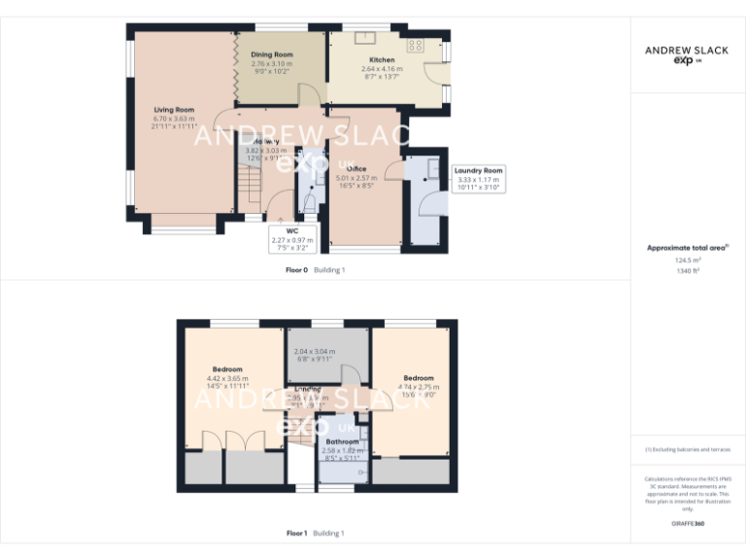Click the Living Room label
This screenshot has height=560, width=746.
[173, 110]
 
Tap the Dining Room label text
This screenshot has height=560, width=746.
[272, 54]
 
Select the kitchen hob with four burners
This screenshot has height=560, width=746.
[416, 45]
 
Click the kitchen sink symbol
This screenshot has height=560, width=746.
[367, 38]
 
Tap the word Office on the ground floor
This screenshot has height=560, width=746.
[356, 169]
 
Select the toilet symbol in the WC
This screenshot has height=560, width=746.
[309, 202]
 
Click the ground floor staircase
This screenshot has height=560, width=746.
[251, 184]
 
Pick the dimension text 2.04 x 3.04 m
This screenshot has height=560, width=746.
[315, 351]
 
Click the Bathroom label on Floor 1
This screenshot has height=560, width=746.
[342, 442]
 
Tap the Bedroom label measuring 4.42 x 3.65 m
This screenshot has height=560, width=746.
[227, 369]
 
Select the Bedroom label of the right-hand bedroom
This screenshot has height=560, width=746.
[419, 378]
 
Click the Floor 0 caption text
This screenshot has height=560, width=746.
[298, 270]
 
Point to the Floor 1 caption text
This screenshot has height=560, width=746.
[297, 533]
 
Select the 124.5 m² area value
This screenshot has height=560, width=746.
[688, 260]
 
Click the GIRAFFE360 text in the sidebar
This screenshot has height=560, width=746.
[688, 525]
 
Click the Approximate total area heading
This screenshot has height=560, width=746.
[688, 248]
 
